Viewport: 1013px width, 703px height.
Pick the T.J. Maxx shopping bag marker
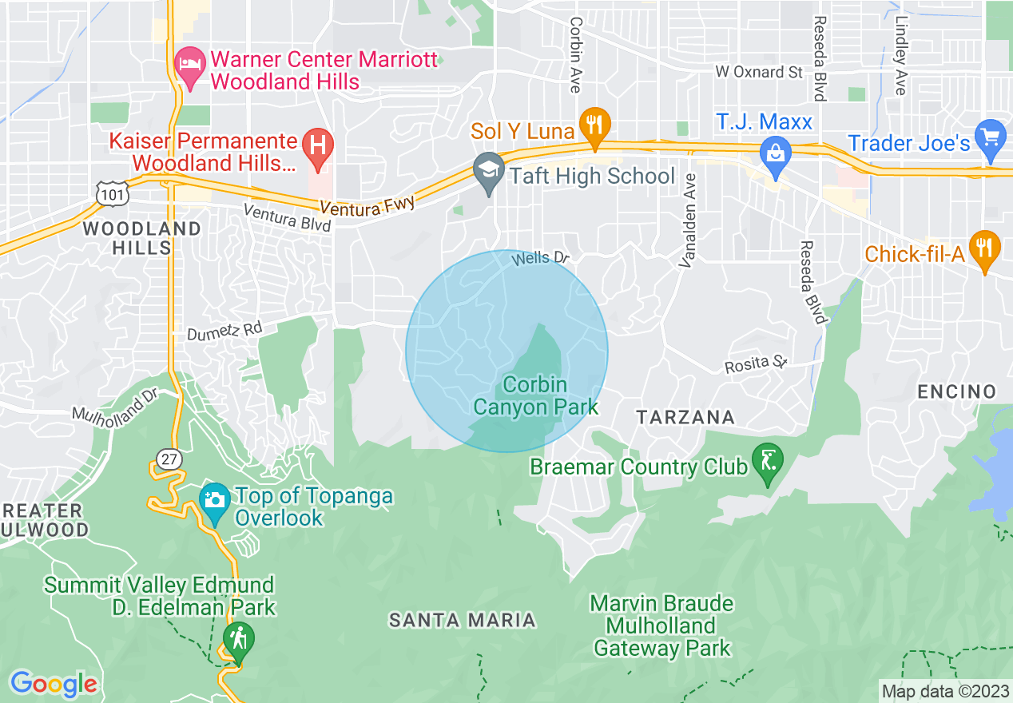pyautogui.click(x=775, y=150)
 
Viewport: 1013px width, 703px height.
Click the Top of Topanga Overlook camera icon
pyautogui.click(x=213, y=501)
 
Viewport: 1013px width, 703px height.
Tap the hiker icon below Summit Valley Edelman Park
pyautogui.click(x=238, y=640)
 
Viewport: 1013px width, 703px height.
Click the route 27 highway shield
pyautogui.click(x=169, y=459)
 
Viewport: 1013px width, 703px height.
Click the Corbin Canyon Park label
pyautogui.click(x=535, y=396)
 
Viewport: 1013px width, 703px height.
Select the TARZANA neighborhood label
pyautogui.click(x=685, y=417)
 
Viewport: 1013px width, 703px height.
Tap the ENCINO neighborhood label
pyautogui.click(x=956, y=391)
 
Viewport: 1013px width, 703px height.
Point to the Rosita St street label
pyautogui.click(x=755, y=364)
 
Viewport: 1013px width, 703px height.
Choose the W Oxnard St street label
pyautogui.click(x=758, y=72)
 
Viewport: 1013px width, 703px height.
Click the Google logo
pyautogui.click(x=54, y=683)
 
